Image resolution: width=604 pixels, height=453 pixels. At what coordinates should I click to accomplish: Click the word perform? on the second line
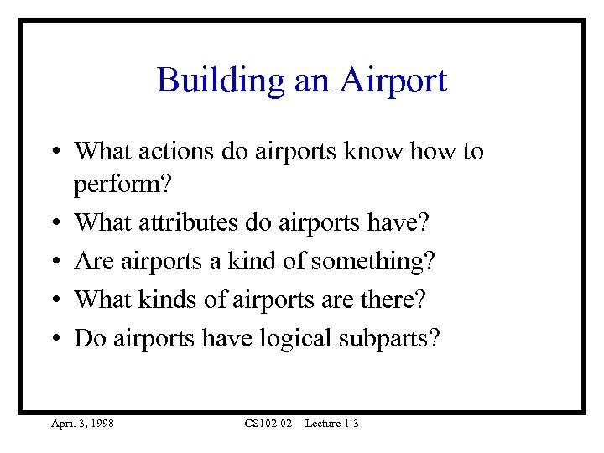[x=117, y=185]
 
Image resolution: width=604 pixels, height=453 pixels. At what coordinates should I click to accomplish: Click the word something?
[x=372, y=262]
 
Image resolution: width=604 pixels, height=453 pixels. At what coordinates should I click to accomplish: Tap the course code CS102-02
[x=268, y=424]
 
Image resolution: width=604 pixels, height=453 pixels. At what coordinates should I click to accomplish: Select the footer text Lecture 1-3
[x=331, y=424]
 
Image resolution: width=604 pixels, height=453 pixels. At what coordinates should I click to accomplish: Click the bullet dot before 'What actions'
[x=53, y=153]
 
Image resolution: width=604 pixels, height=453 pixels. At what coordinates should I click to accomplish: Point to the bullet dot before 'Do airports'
[x=53, y=339]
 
